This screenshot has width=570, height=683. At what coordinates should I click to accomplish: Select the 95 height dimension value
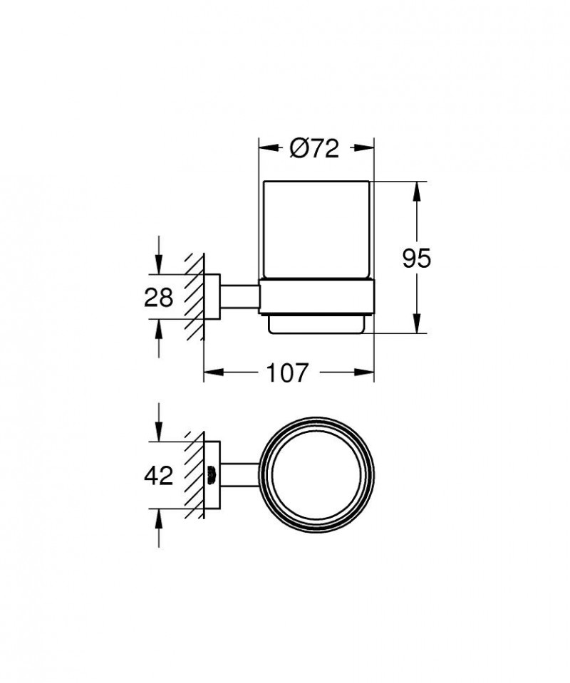(x=416, y=259)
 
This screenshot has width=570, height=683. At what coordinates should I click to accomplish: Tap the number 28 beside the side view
(x=159, y=296)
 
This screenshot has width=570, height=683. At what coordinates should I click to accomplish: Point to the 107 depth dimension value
(x=288, y=372)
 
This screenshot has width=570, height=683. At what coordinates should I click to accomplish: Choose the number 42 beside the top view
(x=159, y=475)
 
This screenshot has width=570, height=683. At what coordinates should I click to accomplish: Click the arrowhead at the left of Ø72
(x=265, y=148)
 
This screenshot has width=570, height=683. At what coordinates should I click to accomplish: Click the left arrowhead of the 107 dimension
(x=212, y=372)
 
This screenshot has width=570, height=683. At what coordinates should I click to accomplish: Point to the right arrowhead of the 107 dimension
(x=367, y=372)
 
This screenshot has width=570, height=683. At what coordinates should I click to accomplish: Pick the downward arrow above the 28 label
(x=158, y=266)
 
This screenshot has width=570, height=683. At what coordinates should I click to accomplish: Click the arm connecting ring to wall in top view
(x=242, y=475)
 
